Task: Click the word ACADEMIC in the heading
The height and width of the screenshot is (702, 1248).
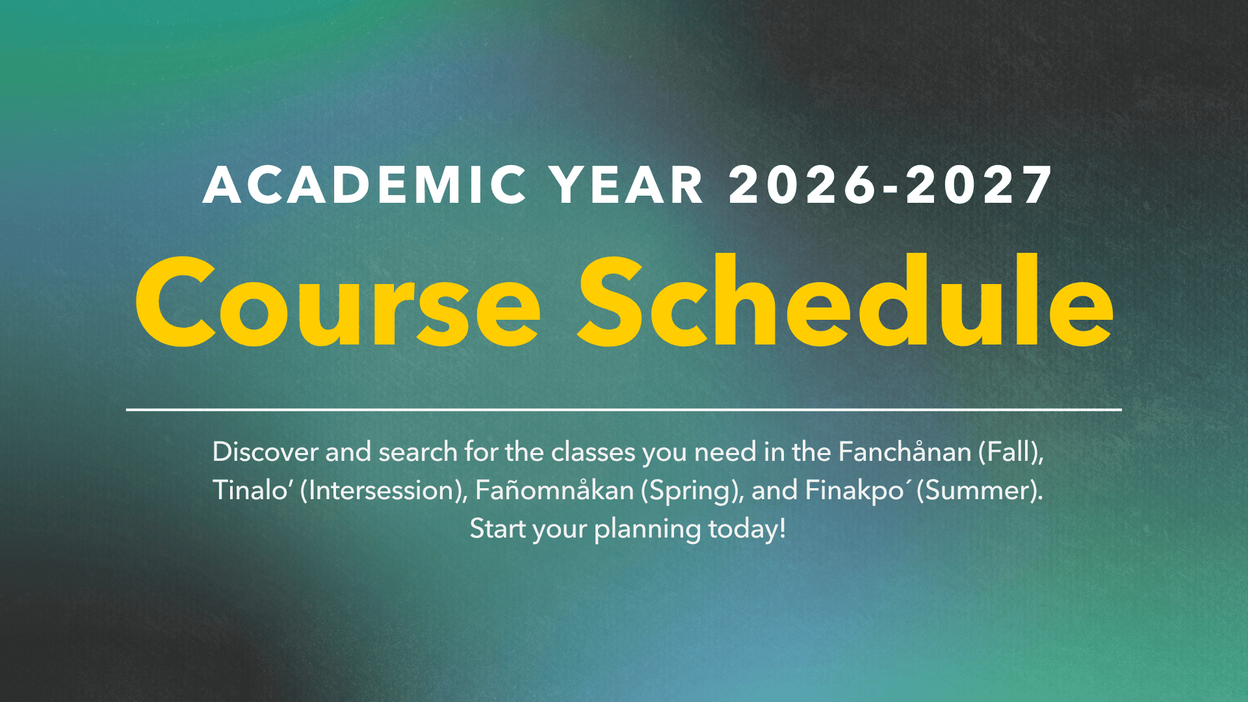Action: click(365, 185)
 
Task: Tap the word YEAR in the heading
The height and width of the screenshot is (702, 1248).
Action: click(627, 185)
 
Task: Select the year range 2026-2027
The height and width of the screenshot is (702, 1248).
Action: click(890, 185)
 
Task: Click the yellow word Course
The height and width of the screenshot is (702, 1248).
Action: click(337, 302)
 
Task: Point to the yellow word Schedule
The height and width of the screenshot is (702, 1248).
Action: click(846, 302)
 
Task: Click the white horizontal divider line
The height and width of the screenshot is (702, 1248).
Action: click(624, 409)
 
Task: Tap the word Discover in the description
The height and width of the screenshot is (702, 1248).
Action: click(265, 452)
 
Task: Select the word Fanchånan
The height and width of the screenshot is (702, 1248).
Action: click(905, 452)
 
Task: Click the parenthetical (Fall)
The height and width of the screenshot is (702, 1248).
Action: click(1011, 452)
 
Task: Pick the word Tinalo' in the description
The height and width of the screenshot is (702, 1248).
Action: click(251, 490)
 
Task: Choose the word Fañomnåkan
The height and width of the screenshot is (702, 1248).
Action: click(554, 490)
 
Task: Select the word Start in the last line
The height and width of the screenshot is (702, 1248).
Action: click(498, 528)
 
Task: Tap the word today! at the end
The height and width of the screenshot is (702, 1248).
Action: click(747, 528)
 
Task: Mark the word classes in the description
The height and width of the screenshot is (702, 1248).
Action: click(593, 452)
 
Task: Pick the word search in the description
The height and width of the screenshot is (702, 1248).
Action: click(418, 452)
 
